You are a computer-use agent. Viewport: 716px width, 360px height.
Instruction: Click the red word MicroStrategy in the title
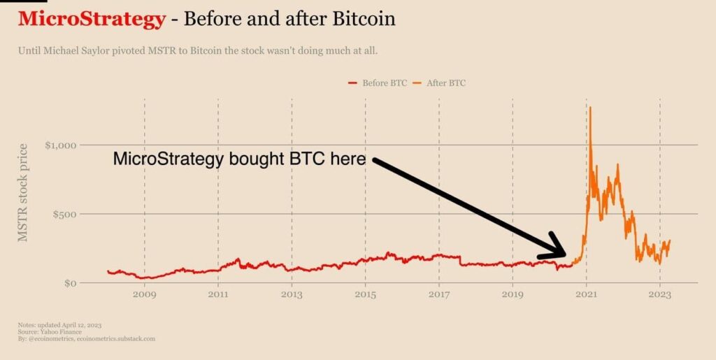click(92, 19)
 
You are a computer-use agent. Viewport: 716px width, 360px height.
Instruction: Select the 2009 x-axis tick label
click(145, 294)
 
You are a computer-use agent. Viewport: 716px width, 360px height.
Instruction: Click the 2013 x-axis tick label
click(292, 294)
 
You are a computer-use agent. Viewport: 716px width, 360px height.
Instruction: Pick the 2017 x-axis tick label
click(439, 294)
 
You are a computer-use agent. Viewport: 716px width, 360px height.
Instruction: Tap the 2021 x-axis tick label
click(586, 294)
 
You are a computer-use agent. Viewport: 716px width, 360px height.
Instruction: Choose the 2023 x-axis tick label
click(659, 294)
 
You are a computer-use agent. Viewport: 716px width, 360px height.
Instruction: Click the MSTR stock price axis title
click(23, 192)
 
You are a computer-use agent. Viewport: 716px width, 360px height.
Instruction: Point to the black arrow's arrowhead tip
click(566, 256)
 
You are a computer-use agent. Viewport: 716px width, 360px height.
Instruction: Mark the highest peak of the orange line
click(591, 107)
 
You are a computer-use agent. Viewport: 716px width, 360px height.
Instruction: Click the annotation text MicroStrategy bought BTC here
click(239, 159)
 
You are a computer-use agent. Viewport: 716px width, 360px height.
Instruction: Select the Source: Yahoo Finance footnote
click(45, 332)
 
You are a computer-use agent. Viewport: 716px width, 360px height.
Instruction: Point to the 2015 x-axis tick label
click(365, 294)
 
